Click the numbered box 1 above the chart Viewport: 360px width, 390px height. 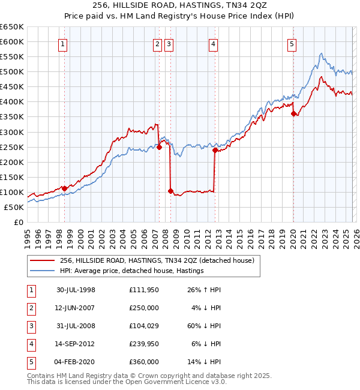[x=63, y=43]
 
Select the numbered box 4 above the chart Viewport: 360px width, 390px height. [x=213, y=43]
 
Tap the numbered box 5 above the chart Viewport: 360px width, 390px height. [x=292, y=43]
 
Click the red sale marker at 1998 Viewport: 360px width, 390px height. [x=65, y=188]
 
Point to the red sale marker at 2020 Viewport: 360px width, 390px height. [x=293, y=113]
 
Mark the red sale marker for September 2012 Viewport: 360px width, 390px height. [x=215, y=150]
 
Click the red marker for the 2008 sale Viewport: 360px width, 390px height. [x=170, y=191]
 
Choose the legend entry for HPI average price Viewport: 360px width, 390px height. [x=132, y=271]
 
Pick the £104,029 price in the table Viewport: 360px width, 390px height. [x=144, y=326]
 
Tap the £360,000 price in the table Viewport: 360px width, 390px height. [x=144, y=362]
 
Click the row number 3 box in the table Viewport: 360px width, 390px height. [x=31, y=326]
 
